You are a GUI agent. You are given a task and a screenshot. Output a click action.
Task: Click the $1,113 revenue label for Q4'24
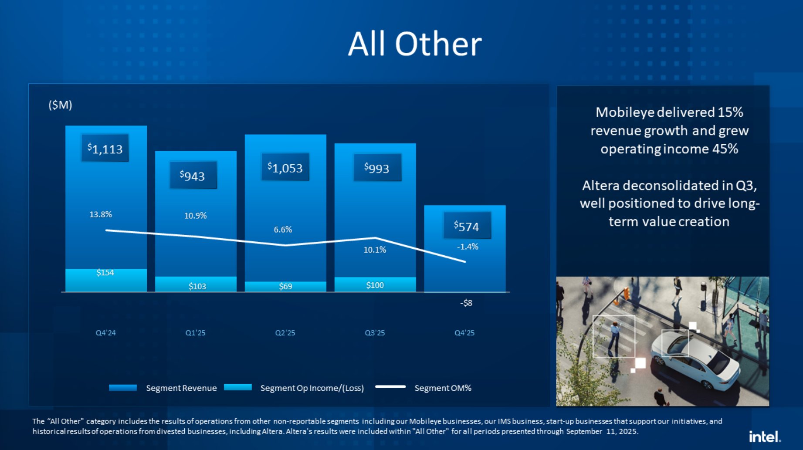click(x=105, y=149)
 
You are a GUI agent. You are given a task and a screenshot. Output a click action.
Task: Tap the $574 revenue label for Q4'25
click(x=467, y=226)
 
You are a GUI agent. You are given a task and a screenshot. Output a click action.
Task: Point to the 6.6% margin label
click(x=283, y=230)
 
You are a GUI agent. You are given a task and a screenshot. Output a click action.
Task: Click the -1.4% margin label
click(x=468, y=247)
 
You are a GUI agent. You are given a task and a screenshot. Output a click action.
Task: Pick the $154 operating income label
click(x=105, y=273)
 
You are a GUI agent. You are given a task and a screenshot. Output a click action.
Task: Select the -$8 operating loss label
click(x=466, y=303)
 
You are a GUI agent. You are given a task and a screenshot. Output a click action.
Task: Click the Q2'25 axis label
click(x=285, y=333)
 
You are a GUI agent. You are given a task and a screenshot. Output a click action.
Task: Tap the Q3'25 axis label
click(x=375, y=333)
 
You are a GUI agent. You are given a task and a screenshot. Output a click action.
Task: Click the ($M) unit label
click(x=60, y=105)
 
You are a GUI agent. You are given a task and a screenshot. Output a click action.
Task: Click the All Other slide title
click(x=414, y=44)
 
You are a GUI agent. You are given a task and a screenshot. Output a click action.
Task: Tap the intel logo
click(x=764, y=436)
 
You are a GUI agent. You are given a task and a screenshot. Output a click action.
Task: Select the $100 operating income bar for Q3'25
click(x=375, y=284)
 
